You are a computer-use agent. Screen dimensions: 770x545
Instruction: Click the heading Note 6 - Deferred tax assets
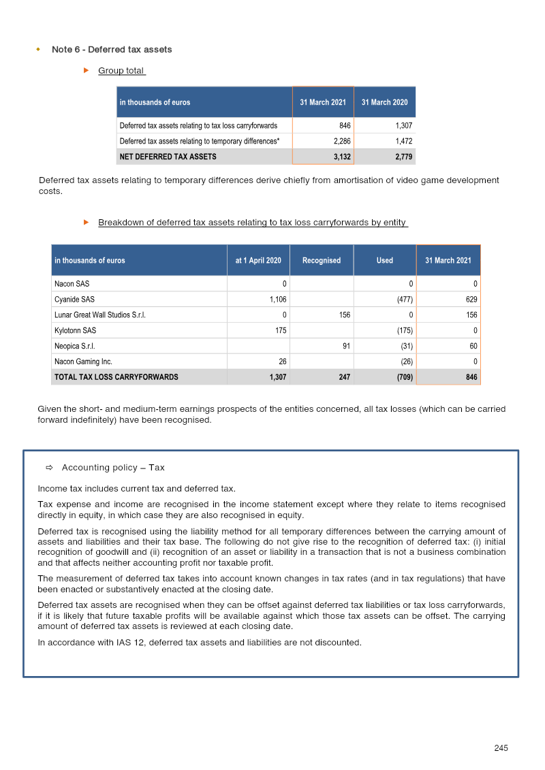pos(112,50)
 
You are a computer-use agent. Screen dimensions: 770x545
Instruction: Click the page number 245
pos(501,748)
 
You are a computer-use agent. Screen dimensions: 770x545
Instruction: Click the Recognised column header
pos(322,260)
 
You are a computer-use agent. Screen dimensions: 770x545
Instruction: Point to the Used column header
pos(384,260)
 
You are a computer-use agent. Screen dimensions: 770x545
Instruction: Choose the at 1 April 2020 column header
pos(258,260)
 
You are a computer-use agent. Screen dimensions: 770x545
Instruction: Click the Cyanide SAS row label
pos(74,300)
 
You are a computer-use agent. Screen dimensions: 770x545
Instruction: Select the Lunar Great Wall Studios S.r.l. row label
pos(99,315)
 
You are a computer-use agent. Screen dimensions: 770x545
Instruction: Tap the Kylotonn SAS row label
pos(75,331)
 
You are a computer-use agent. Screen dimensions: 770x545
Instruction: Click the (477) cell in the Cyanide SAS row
pos(405,300)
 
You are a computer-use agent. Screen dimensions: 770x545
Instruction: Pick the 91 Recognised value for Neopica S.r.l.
pos(346,347)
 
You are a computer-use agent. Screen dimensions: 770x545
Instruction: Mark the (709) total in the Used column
pos(405,377)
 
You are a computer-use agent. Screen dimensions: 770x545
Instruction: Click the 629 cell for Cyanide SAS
pos(471,300)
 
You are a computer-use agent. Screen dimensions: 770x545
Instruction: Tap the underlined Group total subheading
pos(121,71)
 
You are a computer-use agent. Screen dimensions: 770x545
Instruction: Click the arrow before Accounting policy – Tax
pos(49,468)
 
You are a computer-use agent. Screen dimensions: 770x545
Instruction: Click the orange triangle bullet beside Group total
pos(87,71)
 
